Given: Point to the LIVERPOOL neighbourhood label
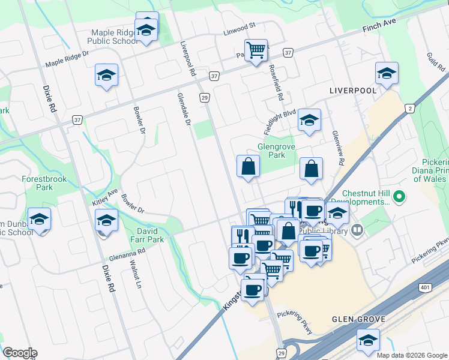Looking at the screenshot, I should tap(353, 90).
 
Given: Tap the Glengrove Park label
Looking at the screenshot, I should tap(271, 151).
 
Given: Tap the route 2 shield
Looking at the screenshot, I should tap(410, 108).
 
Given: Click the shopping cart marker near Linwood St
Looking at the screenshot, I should tap(256, 50).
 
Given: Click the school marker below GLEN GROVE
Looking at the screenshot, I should tap(368, 340).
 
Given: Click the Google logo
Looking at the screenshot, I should tap(20, 353).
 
